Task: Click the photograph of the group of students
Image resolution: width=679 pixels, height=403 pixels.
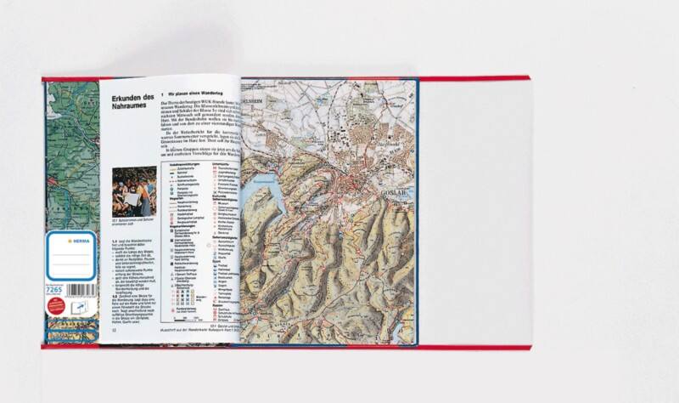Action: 133,191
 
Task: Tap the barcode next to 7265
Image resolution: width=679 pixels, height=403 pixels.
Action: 79,290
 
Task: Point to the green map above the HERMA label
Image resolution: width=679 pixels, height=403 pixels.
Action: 71,153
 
